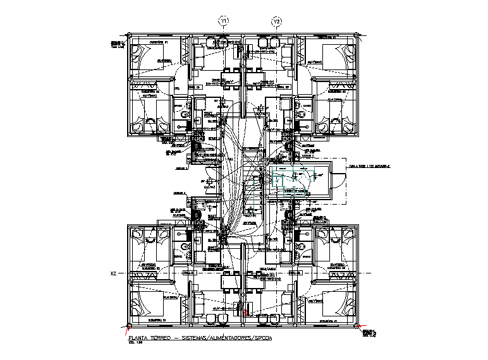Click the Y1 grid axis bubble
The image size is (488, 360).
[x=223, y=22]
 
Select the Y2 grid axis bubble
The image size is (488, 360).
[x=277, y=22]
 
